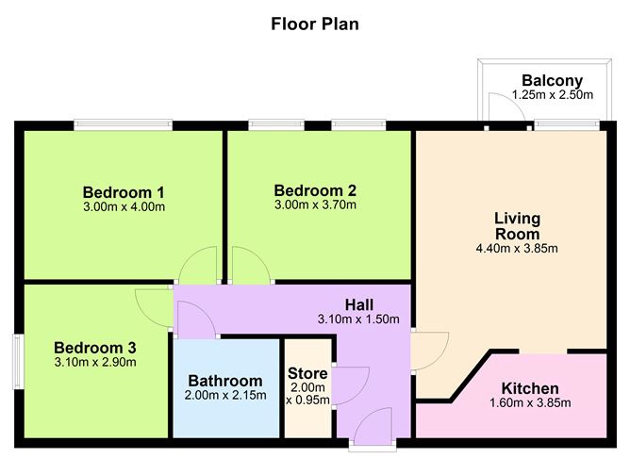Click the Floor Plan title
pos(314,24)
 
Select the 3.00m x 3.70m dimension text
pos(314,204)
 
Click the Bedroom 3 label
pos(89,347)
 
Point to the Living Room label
pos(517,226)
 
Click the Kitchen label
pos(530,388)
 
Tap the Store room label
pos(307,373)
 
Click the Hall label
pos(359,304)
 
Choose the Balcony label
pos(552,81)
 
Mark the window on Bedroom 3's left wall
pos(17,360)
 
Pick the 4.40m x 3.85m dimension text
pos(517,249)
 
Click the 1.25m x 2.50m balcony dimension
pos(552,95)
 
